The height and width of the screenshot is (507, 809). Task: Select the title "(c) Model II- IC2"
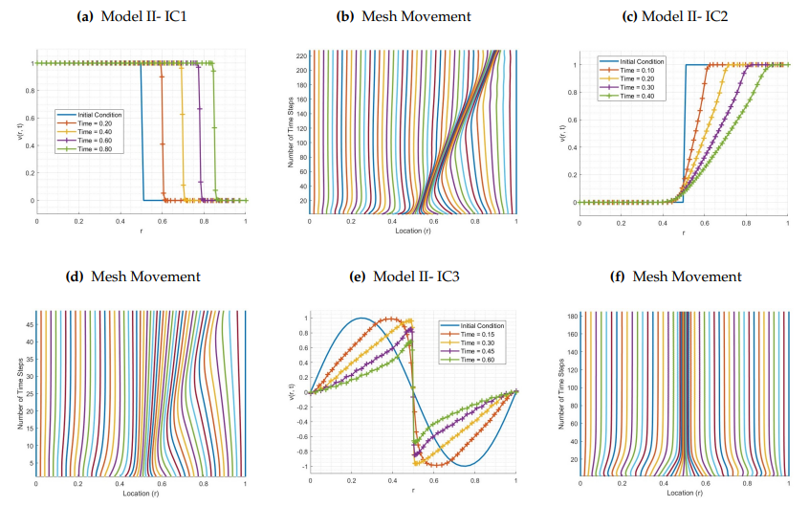coord(682,16)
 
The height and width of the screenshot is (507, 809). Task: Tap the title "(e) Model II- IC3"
coord(405,276)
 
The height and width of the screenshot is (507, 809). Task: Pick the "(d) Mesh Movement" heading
coord(133,276)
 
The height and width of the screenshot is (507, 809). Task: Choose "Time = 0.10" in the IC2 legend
coord(633,70)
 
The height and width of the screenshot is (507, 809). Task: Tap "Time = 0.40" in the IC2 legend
coord(633,96)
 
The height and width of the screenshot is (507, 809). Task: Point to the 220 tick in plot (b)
coord(300,55)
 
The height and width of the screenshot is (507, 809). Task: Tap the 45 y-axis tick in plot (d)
coord(28,324)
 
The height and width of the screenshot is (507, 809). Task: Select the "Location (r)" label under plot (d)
coord(141,494)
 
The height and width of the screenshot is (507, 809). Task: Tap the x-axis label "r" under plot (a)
coord(141,231)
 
